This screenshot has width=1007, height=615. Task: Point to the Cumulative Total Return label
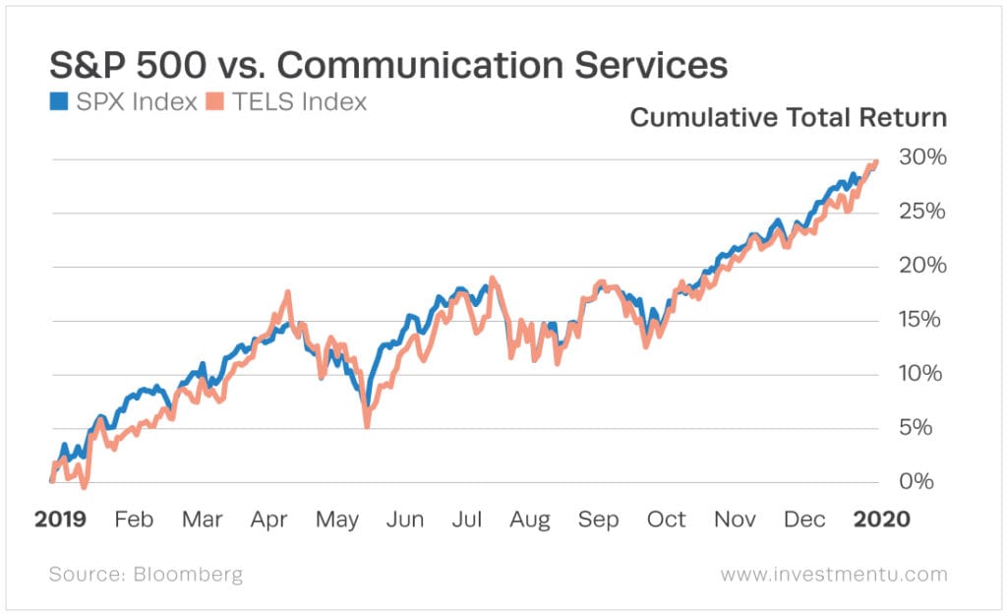coord(788,118)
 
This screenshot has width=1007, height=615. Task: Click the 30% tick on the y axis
coord(921,158)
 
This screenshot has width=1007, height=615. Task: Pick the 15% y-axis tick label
coord(921,320)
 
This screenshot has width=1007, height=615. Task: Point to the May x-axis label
coord(337,519)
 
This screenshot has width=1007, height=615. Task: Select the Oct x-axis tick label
coord(666,519)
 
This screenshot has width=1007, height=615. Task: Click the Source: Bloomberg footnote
coord(146,574)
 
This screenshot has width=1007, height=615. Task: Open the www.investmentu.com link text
coord(834,574)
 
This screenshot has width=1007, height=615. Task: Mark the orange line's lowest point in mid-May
coord(367,424)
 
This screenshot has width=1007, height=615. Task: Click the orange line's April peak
coord(287,292)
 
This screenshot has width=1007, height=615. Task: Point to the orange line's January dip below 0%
coord(84,486)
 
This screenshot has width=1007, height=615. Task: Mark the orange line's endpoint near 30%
coord(875,162)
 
